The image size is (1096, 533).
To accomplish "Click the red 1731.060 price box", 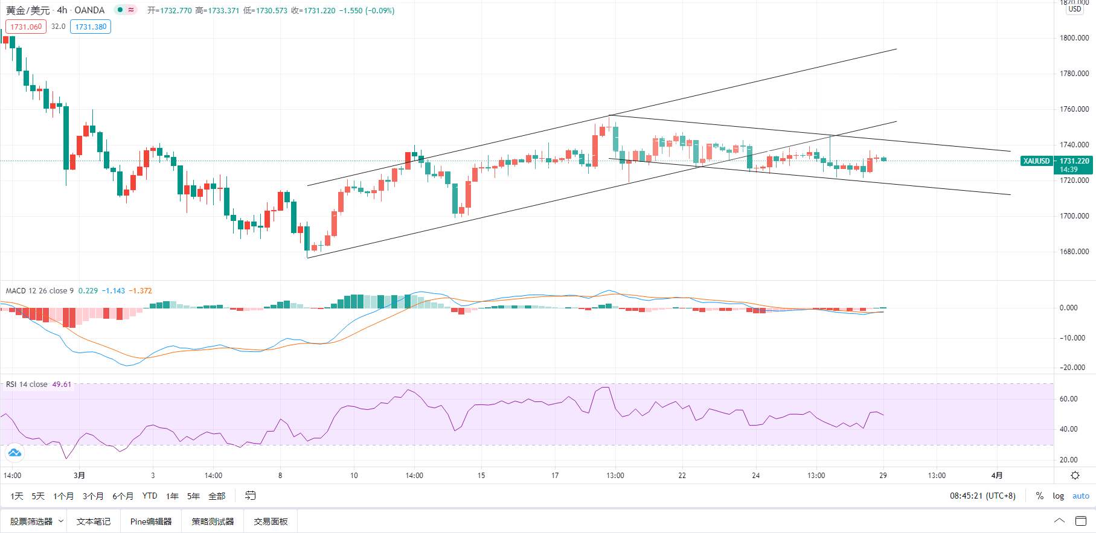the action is pos(26,27).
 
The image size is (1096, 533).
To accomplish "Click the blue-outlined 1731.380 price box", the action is pos(91,27).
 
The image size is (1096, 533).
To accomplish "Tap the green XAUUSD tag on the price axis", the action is pos(1036,161).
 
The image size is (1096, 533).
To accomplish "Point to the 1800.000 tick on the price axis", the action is pos(1074,38).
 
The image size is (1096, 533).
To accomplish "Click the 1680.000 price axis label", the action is pos(1074,252).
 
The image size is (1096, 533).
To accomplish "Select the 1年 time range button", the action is pos(173,496).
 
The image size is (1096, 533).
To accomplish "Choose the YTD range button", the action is pos(150,496).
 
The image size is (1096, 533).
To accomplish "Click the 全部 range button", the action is pos(217,496).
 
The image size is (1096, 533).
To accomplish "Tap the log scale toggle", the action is pos(1059,496).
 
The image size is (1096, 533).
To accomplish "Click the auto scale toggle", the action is pos(1081,496).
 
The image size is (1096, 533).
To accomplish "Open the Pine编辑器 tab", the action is pos(151,522).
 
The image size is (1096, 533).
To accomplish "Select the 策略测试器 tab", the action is pos(213,522).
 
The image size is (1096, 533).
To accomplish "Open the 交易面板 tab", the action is pos(271,522).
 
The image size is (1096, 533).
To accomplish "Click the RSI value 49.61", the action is pos(62,385).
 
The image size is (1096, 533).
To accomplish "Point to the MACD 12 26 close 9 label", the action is pos(40,291).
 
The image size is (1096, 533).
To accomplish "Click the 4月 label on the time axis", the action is pos(997,476).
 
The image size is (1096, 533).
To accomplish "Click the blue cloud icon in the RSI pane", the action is pos(14,453).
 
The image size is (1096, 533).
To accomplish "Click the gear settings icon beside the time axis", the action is pos(1075,476).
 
